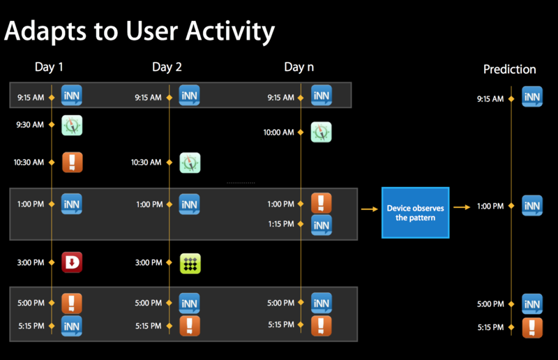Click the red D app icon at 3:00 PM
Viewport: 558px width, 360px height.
(72, 262)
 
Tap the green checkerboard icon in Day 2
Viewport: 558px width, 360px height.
(190, 264)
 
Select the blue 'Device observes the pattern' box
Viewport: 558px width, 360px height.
(415, 213)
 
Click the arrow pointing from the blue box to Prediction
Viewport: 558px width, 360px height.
(462, 207)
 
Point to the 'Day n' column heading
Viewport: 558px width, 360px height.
(299, 67)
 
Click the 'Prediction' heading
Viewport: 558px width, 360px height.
(510, 69)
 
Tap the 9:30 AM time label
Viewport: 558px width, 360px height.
(30, 125)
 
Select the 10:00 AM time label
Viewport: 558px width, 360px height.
(278, 133)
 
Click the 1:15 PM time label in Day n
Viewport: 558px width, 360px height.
(281, 224)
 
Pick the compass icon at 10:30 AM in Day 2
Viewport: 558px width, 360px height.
(190, 163)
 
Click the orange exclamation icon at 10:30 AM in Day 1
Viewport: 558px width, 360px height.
(73, 162)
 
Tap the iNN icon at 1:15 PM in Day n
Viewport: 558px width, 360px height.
(322, 225)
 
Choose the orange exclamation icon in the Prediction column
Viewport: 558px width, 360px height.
(532, 328)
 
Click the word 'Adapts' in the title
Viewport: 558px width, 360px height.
(45, 31)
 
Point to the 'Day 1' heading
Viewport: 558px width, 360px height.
(49, 67)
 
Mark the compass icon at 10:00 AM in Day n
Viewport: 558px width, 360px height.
(321, 132)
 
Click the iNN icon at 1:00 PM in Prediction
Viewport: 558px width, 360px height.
(532, 205)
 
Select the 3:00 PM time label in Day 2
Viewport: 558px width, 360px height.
(149, 263)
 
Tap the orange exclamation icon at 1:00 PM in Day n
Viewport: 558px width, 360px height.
(322, 203)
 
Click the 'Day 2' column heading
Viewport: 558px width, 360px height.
(167, 67)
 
